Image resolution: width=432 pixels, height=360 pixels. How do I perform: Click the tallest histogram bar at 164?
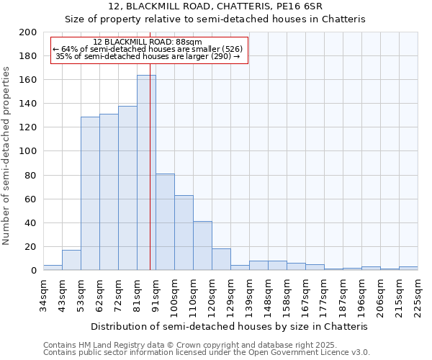(146, 173)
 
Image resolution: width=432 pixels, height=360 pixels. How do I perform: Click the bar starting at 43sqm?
(71, 260)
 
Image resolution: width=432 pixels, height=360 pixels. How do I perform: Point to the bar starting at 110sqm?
(202, 246)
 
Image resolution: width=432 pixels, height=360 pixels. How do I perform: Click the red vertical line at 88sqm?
(150, 180)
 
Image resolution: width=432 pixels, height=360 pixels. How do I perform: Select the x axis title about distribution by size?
(230, 326)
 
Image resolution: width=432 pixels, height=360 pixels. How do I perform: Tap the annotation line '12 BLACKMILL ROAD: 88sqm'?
(148, 42)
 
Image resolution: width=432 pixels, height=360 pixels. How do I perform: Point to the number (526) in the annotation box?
(233, 49)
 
